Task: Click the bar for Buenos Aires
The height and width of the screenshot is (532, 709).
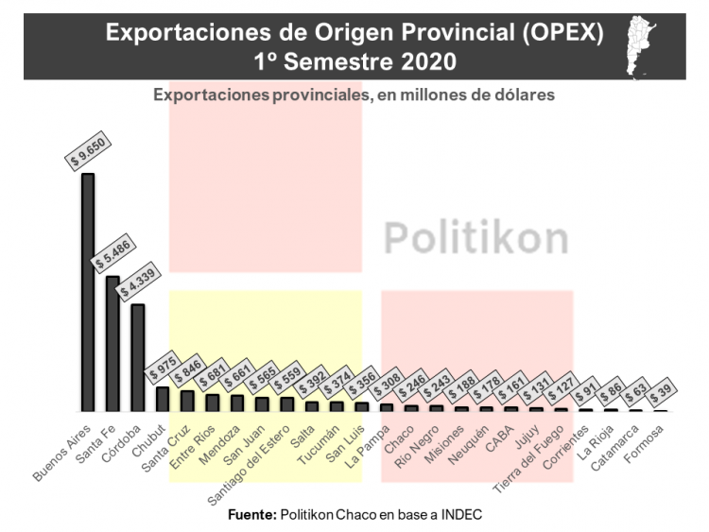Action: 88,292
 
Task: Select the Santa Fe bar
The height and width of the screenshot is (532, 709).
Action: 112,344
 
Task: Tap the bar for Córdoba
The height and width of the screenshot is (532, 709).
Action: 138,358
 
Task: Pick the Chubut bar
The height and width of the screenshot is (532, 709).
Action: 163,400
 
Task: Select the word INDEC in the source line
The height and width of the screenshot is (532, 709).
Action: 462,514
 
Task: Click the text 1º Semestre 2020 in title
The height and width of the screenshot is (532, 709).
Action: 354,60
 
